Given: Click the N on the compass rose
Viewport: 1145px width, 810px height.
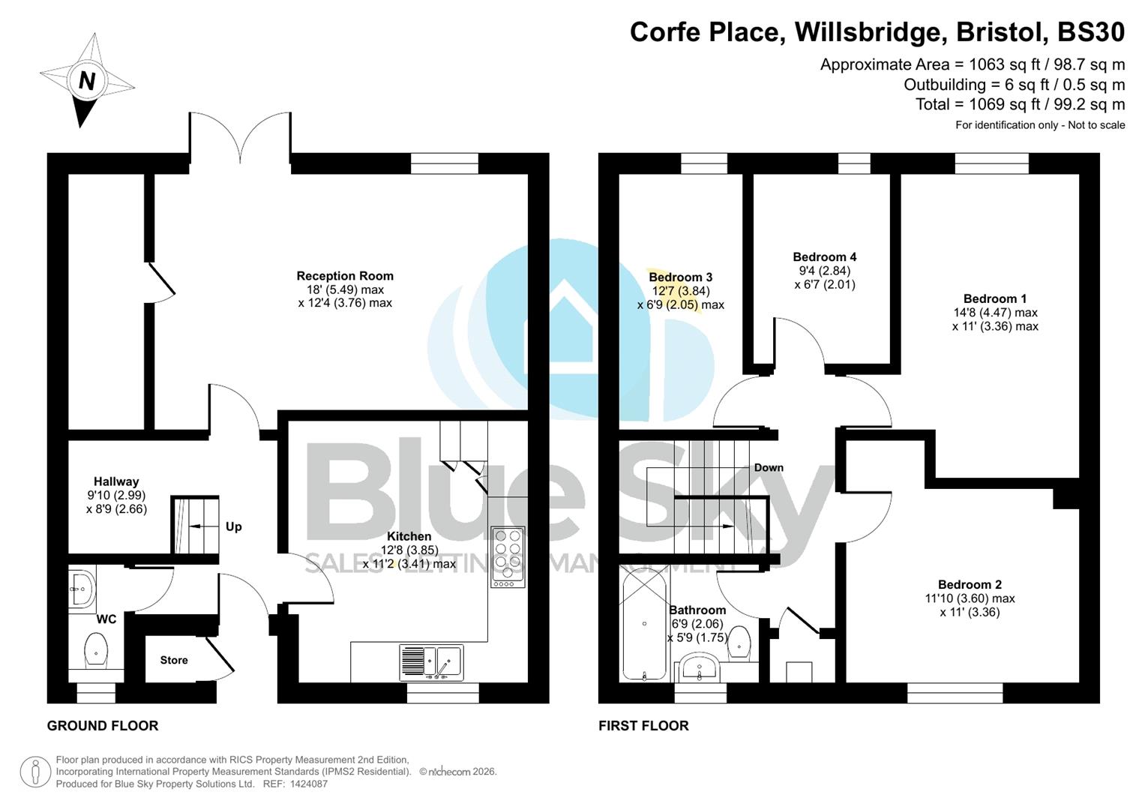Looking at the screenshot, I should pyautogui.click(x=87, y=80).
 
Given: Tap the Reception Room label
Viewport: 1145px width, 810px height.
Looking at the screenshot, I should pyautogui.click(x=345, y=276).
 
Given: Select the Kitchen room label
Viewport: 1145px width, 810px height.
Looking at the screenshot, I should pyautogui.click(x=409, y=536).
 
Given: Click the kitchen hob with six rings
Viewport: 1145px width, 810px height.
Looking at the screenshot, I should pyautogui.click(x=508, y=556).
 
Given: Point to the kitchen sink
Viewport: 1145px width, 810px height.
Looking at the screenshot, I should pyautogui.click(x=432, y=662).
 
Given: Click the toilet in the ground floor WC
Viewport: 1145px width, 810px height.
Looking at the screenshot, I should pyautogui.click(x=96, y=649).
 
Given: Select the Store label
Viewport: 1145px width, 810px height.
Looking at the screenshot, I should pyautogui.click(x=174, y=660).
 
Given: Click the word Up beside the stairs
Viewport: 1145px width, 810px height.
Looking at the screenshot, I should pyautogui.click(x=234, y=526).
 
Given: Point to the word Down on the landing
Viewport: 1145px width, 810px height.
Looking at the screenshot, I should pyautogui.click(x=769, y=467).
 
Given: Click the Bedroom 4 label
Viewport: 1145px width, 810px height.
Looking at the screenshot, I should pyautogui.click(x=825, y=256).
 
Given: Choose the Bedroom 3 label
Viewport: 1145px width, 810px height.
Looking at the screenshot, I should pyautogui.click(x=681, y=277).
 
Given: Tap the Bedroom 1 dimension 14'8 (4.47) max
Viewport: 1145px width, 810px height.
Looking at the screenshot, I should pyautogui.click(x=995, y=313).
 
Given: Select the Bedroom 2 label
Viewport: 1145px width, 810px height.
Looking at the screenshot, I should pyautogui.click(x=970, y=584).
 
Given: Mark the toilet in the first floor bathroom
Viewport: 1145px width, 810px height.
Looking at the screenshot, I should pyautogui.click(x=739, y=642).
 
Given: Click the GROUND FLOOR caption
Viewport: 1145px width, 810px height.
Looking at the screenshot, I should pyautogui.click(x=103, y=726).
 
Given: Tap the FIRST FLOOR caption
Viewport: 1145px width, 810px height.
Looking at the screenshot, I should pyautogui.click(x=643, y=726).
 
